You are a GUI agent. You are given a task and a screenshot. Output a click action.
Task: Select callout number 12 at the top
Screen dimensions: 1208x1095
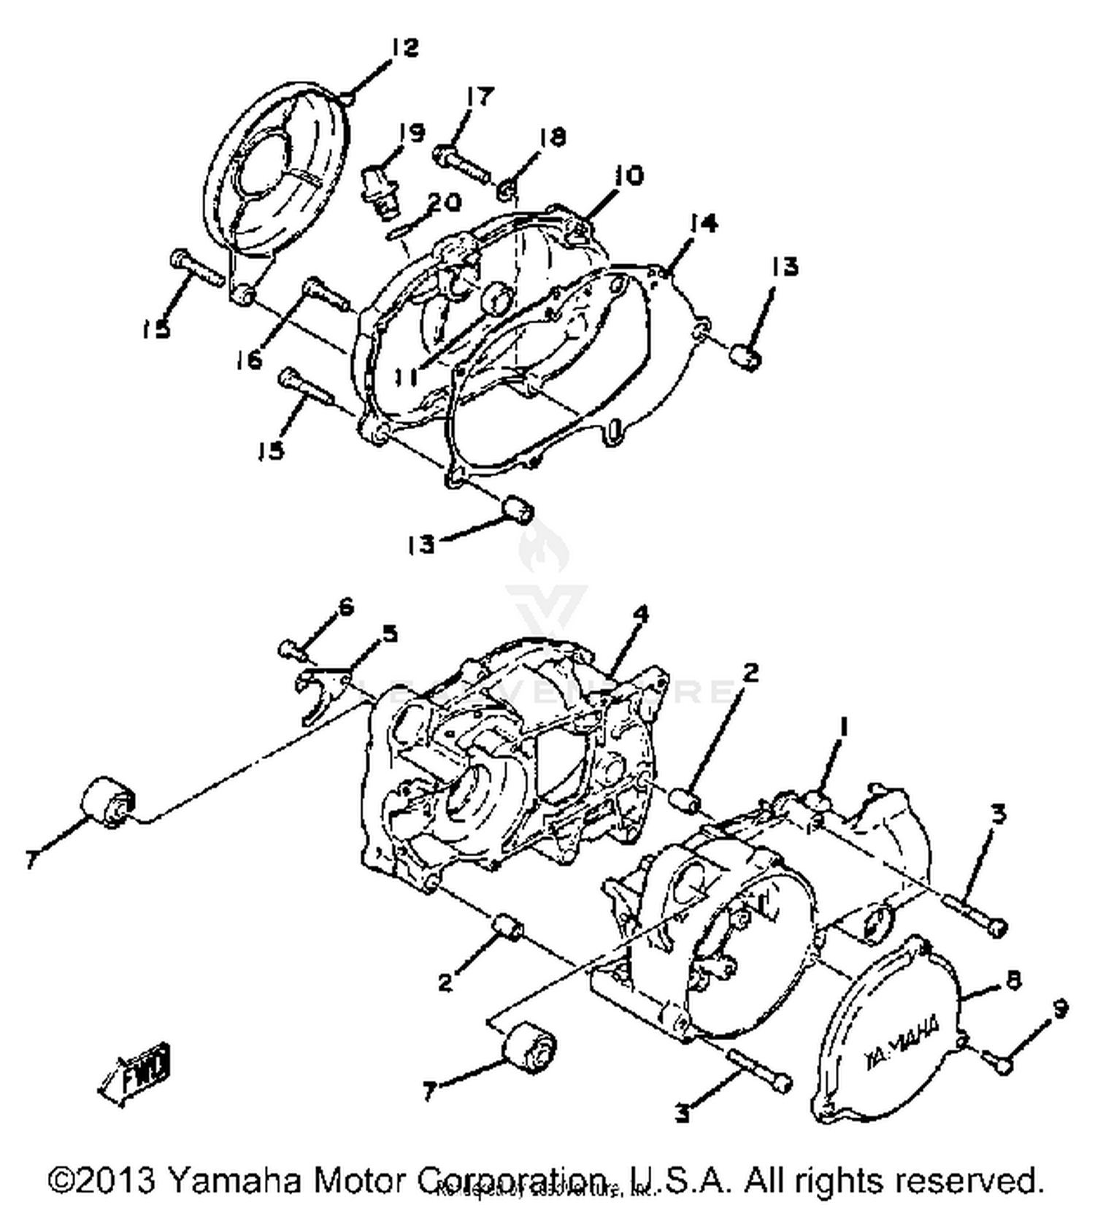[404, 48]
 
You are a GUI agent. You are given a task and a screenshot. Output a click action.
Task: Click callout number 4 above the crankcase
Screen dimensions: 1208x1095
[639, 615]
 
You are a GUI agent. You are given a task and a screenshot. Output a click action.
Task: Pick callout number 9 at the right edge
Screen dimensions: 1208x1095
[1060, 1008]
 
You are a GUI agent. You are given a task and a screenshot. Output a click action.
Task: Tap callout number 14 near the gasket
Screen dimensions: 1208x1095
[703, 223]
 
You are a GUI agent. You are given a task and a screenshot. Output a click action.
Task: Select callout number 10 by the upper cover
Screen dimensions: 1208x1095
[628, 176]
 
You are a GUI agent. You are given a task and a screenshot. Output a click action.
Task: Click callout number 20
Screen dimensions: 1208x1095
[444, 202]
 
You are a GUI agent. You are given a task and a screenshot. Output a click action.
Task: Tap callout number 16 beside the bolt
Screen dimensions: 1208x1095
[250, 359]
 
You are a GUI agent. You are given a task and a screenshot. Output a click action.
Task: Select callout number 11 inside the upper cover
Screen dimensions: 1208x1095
[406, 377]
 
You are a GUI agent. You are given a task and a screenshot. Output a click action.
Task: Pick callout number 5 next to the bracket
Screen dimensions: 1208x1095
[390, 633]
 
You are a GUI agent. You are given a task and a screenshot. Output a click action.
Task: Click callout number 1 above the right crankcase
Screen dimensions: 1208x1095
[844, 728]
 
